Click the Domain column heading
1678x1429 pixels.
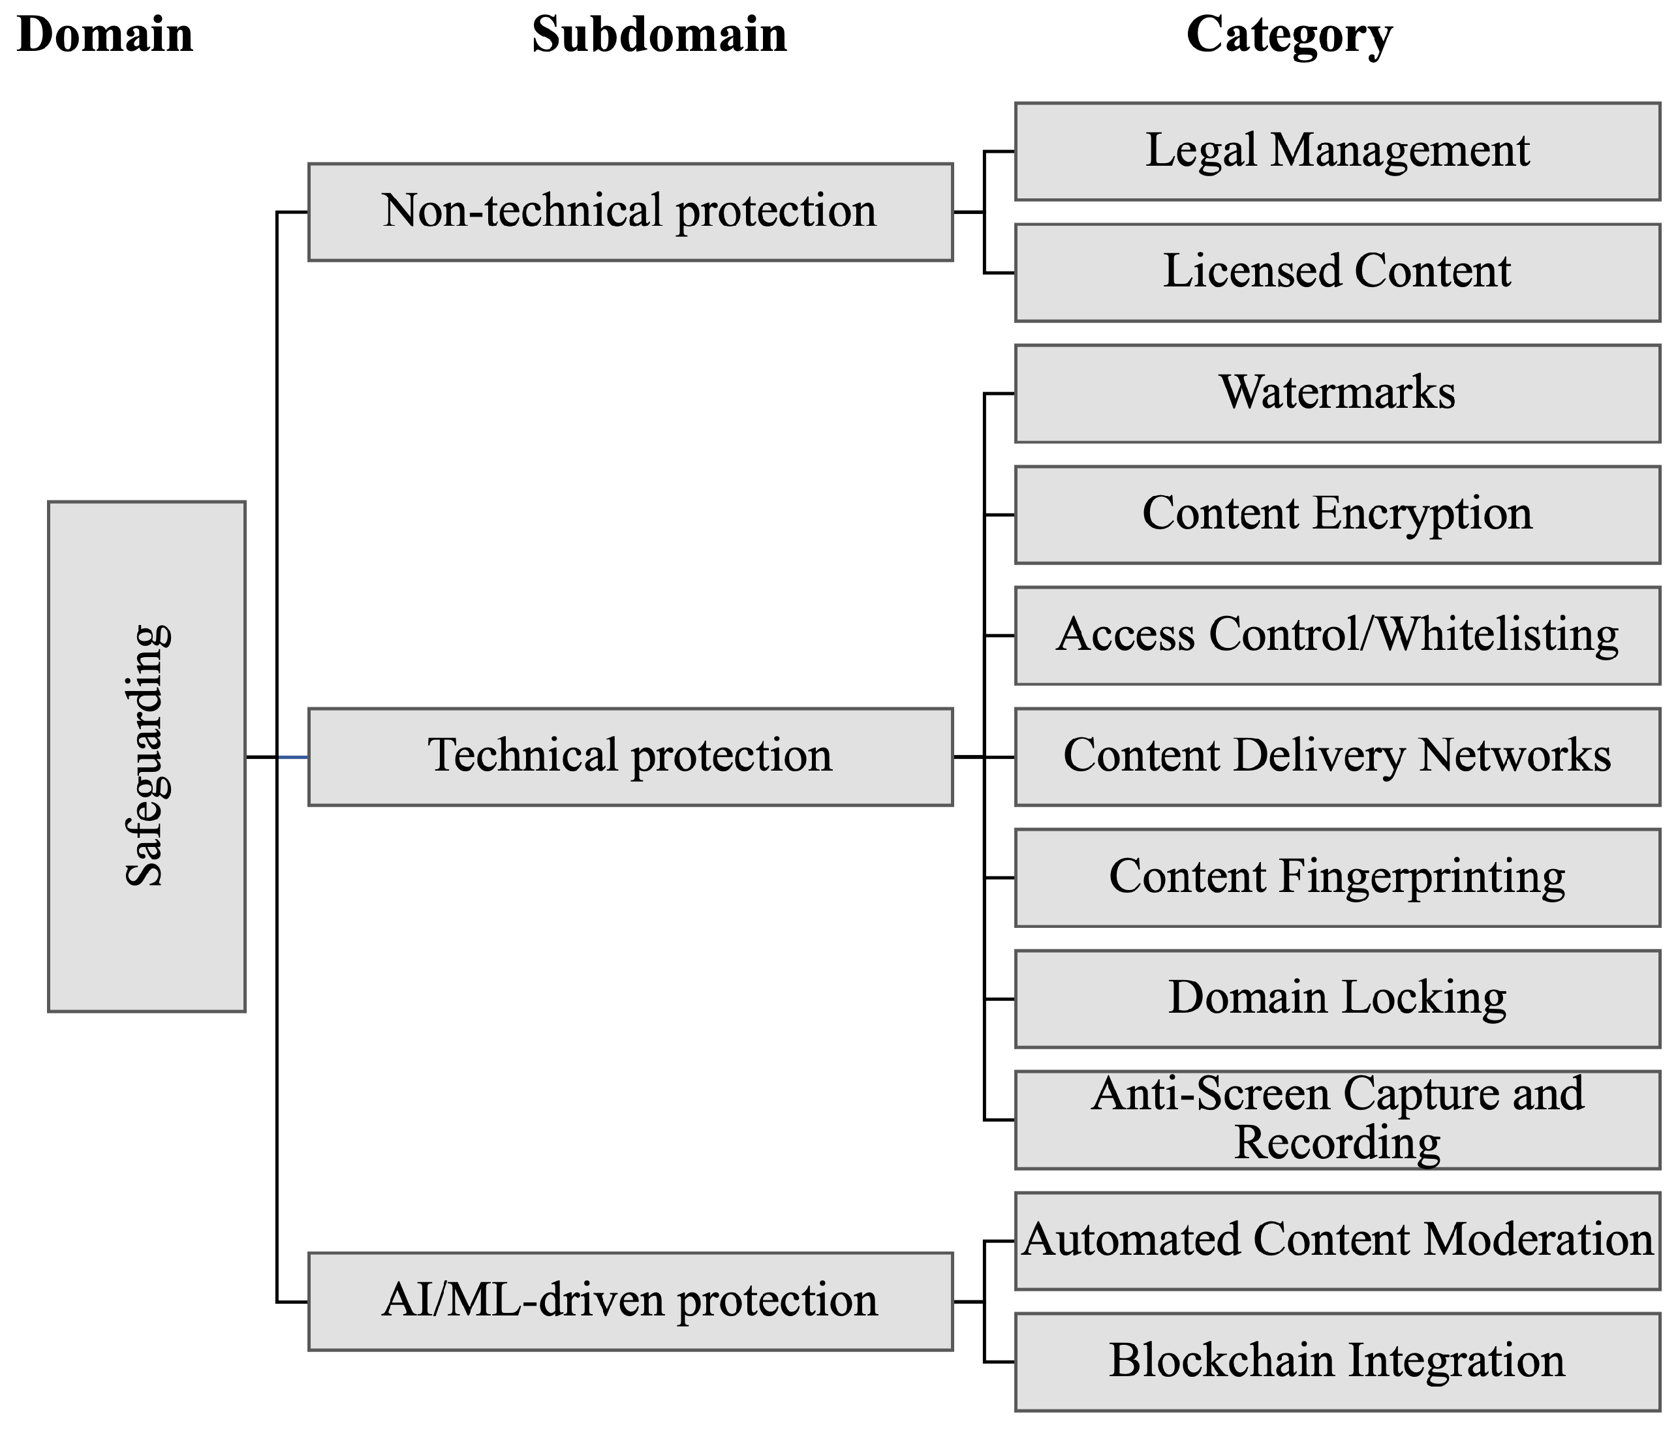105,36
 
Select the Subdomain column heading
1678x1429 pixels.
659,36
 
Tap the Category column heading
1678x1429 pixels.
1288,36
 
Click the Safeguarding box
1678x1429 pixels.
147,756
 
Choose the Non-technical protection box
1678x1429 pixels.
630,212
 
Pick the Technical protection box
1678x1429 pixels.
630,756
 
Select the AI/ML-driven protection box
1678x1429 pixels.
630,1301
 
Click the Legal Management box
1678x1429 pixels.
1337,151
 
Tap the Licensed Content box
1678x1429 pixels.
1337,273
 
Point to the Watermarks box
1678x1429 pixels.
1337,393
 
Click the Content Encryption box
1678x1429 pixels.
1337,515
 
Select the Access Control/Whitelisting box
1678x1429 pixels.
1337,636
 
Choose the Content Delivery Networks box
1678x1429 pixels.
1337,756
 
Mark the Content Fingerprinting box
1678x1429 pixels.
1337,878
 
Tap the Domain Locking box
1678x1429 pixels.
1337,999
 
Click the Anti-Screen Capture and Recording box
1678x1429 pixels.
1337,1120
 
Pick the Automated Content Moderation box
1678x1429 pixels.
1337,1241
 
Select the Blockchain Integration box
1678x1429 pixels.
1337,1362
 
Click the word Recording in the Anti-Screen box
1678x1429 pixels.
1337,1143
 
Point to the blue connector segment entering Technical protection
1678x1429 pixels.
292,757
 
